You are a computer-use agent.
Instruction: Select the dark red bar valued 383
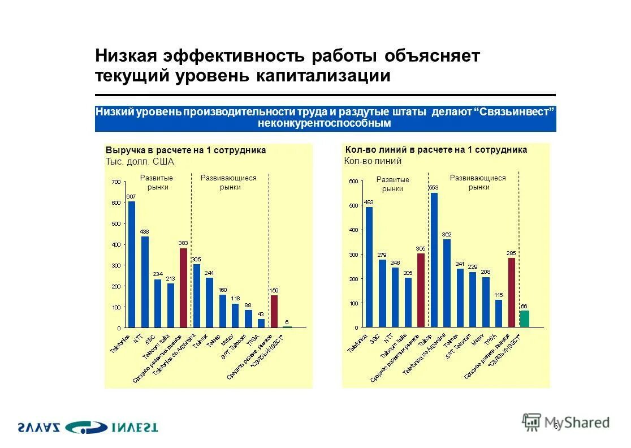pyautogui.click(x=183, y=287)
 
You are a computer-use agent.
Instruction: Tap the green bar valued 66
pyautogui.click(x=524, y=319)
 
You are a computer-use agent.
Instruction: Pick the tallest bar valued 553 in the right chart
pyautogui.click(x=434, y=260)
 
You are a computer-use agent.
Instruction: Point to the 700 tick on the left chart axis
pyautogui.click(x=115, y=182)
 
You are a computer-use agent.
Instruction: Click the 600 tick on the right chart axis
pyautogui.click(x=353, y=181)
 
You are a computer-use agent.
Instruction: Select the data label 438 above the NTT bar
pyautogui.click(x=145, y=231)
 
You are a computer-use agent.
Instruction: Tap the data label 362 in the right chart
pyautogui.click(x=447, y=234)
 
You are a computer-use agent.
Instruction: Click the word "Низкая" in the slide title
pyautogui.click(x=127, y=56)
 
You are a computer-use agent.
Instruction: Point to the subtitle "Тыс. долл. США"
pyautogui.click(x=140, y=161)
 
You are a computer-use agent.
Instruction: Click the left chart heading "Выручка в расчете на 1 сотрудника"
pyautogui.click(x=186, y=150)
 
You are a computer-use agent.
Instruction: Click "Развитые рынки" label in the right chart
pyautogui.click(x=392, y=184)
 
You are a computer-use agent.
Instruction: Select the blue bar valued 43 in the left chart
pyautogui.click(x=261, y=323)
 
